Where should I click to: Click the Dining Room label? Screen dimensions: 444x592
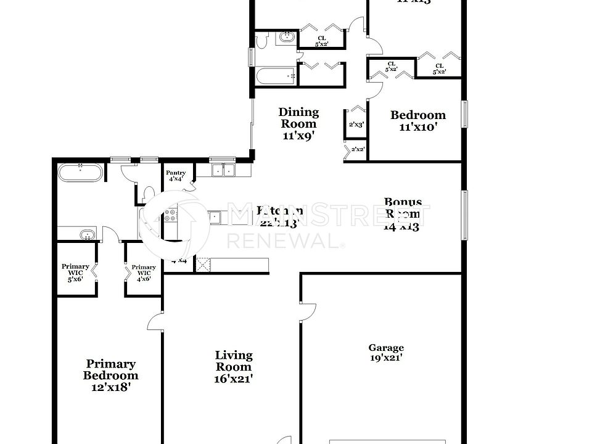pos(299,124)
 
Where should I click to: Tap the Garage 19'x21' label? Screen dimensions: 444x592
pos(387,353)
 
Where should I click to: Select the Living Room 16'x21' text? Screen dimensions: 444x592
pos(234,367)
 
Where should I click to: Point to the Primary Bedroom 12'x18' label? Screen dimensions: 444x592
pos(111,376)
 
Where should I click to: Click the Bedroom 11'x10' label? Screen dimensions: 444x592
pos(417,120)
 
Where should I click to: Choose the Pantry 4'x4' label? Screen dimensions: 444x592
pos(176,176)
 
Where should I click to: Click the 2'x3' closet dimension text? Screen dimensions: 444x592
pos(356,125)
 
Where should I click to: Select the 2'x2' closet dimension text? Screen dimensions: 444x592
pos(358,149)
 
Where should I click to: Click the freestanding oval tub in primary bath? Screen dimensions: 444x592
pos(81,172)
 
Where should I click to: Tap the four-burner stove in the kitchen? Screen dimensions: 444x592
pos(171,216)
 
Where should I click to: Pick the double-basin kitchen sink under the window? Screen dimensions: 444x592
pos(223,170)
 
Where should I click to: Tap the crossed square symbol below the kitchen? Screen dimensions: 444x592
pos(203,265)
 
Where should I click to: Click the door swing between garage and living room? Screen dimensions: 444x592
pos(308,311)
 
